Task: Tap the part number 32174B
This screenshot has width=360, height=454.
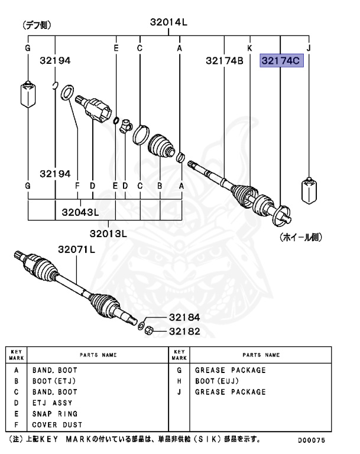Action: click(225, 60)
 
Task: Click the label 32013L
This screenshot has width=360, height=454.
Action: click(109, 234)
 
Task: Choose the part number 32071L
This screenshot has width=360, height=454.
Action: click(76, 249)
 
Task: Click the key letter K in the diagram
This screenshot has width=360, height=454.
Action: click(249, 47)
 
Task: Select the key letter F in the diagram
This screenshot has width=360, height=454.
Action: click(77, 186)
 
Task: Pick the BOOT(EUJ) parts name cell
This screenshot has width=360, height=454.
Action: click(216, 381)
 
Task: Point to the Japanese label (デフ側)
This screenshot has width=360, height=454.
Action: click(37, 25)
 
